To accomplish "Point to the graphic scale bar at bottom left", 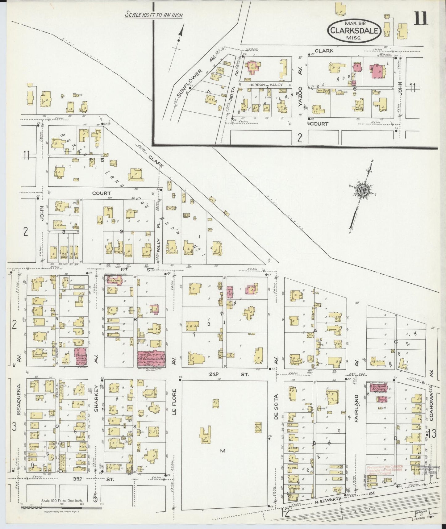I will coord(62,506).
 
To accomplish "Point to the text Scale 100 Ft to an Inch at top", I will coord(154,15).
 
